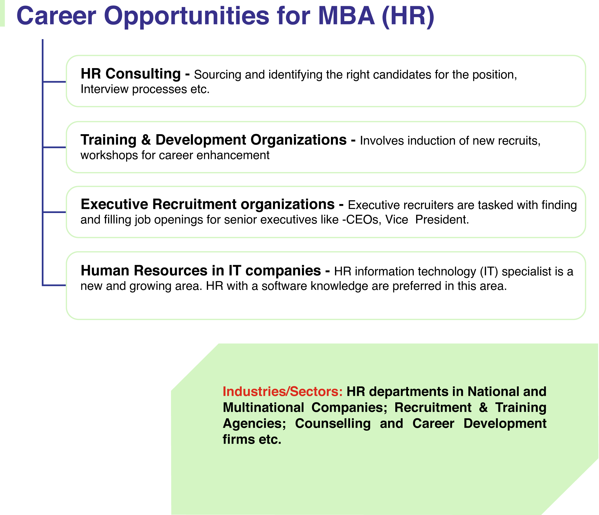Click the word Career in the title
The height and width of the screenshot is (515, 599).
point(57,16)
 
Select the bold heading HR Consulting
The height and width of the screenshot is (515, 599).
point(131,74)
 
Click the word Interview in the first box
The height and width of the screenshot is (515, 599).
point(104,89)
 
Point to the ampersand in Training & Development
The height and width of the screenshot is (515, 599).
point(146,140)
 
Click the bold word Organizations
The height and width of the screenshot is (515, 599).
point(298,140)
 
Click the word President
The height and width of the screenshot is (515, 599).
point(442,220)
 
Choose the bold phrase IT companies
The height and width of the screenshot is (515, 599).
point(274,271)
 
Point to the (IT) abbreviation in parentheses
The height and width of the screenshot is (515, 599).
point(489,272)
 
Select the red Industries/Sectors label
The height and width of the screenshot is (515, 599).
point(283,392)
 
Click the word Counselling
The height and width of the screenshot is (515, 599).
point(333,423)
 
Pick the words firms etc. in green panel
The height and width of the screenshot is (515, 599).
point(252,439)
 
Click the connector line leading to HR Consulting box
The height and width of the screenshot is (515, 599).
point(54,82)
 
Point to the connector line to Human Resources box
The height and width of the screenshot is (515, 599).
point(54,285)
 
